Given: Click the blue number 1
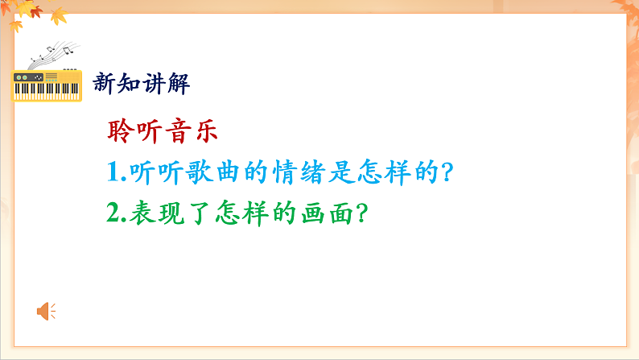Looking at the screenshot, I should (x=113, y=172).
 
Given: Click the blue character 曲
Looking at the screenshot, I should (x=225, y=172).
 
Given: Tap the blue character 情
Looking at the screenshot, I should (x=287, y=172).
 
